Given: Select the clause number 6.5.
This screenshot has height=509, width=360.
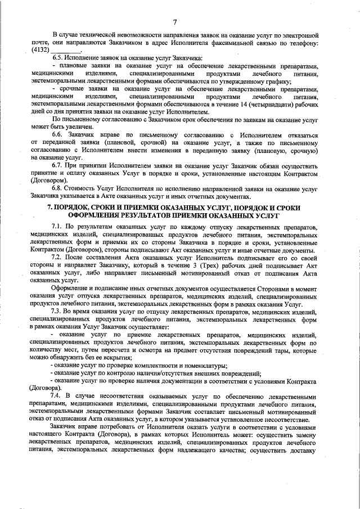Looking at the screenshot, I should [58, 59].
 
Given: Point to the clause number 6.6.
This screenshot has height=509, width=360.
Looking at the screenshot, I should [58, 136].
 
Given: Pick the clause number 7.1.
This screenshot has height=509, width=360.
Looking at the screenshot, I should [58, 226].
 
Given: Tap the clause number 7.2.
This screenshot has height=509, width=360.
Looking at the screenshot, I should [58, 256].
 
